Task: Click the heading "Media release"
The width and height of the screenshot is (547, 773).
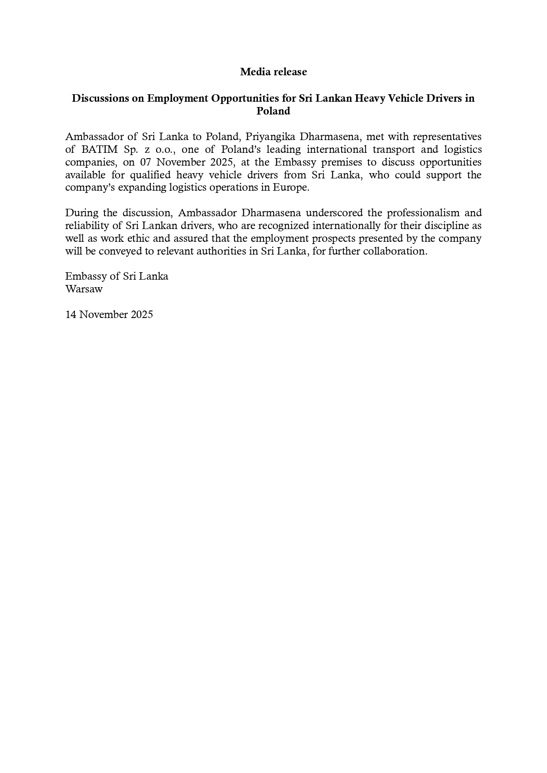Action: coord(273,72)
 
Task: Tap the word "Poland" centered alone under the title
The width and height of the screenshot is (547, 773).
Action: coord(273,111)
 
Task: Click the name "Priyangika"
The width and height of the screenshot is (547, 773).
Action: coord(270,137)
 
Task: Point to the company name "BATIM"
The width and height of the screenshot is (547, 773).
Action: coord(97,149)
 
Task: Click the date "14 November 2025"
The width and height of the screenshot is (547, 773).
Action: coord(109,314)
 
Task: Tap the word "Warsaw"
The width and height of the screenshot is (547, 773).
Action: coord(84,289)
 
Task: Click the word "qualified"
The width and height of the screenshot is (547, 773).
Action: coord(150,175)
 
